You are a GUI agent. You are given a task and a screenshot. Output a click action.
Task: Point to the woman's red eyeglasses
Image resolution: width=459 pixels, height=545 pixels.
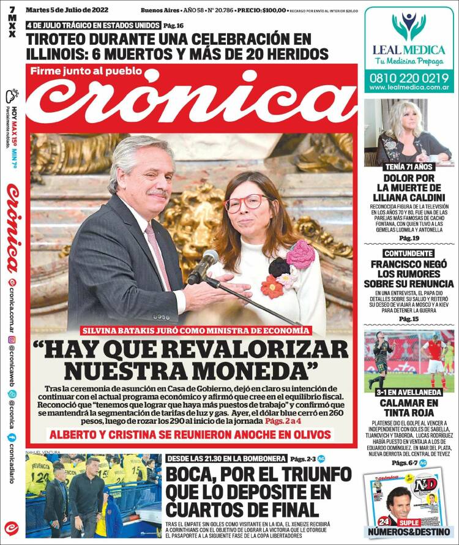coord(246,203)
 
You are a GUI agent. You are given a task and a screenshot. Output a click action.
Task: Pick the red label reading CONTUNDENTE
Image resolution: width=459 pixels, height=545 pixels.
coord(409,253)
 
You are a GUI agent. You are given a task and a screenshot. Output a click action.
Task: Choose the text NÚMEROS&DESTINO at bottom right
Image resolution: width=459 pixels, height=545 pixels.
coord(408,530)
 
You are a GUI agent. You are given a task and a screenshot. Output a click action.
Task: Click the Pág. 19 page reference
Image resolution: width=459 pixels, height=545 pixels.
coord(409,238)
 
